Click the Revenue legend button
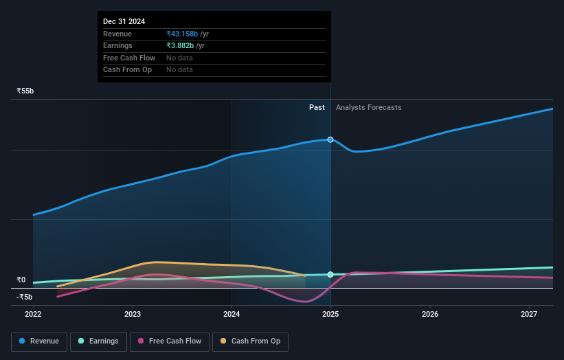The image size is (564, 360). pyautogui.click(x=40, y=341)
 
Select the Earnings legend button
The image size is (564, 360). pyautogui.click(x=98, y=341)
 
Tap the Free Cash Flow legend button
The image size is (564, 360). pyautogui.click(x=169, y=341)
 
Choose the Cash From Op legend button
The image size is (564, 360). pyautogui.click(x=250, y=341)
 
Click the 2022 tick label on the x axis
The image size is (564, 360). pyautogui.click(x=33, y=315)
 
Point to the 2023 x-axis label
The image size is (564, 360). pyautogui.click(x=133, y=315)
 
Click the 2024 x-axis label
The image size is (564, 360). pyautogui.click(x=232, y=315)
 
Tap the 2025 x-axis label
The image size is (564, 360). pyautogui.click(x=330, y=315)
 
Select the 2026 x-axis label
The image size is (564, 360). pyautogui.click(x=430, y=315)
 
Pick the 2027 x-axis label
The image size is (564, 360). pyautogui.click(x=529, y=315)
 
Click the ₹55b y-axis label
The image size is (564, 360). pyautogui.click(x=25, y=91)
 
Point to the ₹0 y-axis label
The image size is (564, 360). pyautogui.click(x=22, y=280)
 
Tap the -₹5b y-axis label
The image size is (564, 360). pyautogui.click(x=24, y=297)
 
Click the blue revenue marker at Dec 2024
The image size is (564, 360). pyautogui.click(x=330, y=139)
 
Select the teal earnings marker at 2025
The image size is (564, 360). pyautogui.click(x=330, y=275)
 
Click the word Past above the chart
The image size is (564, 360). pyautogui.click(x=317, y=107)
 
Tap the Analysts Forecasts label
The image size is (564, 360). pyautogui.click(x=368, y=107)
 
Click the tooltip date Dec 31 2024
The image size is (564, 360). pyautogui.click(x=124, y=22)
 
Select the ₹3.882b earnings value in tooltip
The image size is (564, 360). pyautogui.click(x=180, y=46)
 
